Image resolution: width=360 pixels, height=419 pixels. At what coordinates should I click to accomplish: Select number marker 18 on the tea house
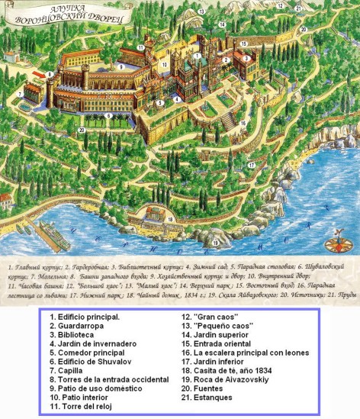click(170, 218)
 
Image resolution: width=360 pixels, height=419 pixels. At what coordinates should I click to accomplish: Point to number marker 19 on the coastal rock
click(216, 243)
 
